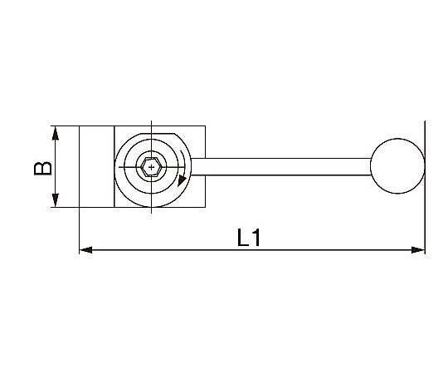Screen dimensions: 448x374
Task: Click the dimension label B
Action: (43, 169)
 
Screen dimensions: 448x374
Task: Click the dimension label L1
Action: (249, 238)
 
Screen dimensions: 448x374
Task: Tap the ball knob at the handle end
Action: (397, 166)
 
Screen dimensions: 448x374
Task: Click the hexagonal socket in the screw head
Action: (151, 167)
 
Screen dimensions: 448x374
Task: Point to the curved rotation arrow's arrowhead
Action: (182, 181)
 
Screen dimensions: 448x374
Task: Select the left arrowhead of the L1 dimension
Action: (85, 250)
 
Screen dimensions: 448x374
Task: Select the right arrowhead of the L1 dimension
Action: (418, 250)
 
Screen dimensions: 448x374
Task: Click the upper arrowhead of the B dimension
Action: (56, 133)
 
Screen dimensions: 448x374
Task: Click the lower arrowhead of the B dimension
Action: (56, 200)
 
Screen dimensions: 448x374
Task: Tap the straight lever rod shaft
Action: (281, 166)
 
